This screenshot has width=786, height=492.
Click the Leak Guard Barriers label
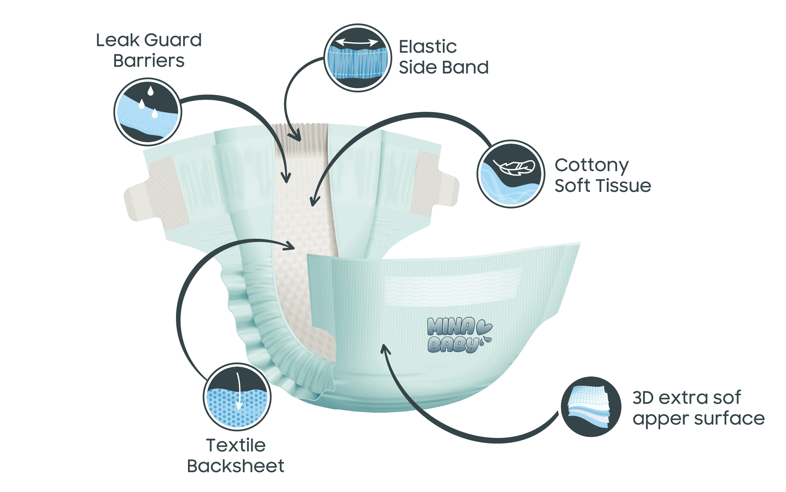pos(149,50)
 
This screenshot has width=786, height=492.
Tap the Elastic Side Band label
pos(443,57)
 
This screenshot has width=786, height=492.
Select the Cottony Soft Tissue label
pos(602,175)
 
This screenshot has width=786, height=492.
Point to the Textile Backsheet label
pos(236,455)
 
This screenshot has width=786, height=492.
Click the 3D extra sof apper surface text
pos(698,408)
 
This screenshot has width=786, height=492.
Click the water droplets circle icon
pos(148,110)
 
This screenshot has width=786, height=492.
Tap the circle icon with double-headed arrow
pos(358,58)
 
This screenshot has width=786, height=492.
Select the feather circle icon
pos(511,174)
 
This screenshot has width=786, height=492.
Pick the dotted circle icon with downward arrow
pos(237,397)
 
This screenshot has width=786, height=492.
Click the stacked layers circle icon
pos(591,407)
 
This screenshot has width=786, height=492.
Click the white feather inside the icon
pos(514,167)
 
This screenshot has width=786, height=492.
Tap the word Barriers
pos(149,61)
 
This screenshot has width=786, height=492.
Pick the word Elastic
pos(428,47)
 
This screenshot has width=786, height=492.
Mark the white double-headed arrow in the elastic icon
pos(357,42)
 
